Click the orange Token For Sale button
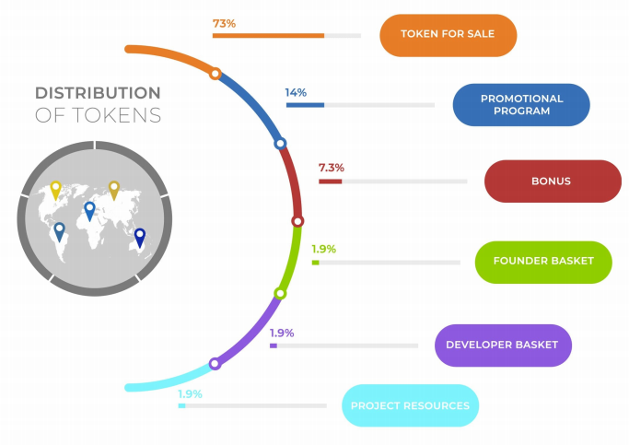pos(448,35)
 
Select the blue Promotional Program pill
pos(521,105)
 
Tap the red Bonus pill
pos(553,181)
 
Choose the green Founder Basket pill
pos(543,262)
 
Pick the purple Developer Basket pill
pos(503,345)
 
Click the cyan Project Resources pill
pos(410,405)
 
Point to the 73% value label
pos(224,24)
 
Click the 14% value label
pos(296,93)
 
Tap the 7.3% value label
pos(332,168)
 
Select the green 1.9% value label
pos(324,249)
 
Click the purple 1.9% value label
pos(282,333)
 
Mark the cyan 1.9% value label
pos(190,394)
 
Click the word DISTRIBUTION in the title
pos(98,93)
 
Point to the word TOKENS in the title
pos(117,115)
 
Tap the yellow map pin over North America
pos(55,190)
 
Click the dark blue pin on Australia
pos(140,238)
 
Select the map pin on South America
pos(59,232)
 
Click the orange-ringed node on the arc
pos(215,74)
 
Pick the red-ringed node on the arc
pos(297,221)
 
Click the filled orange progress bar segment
pos(268,36)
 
